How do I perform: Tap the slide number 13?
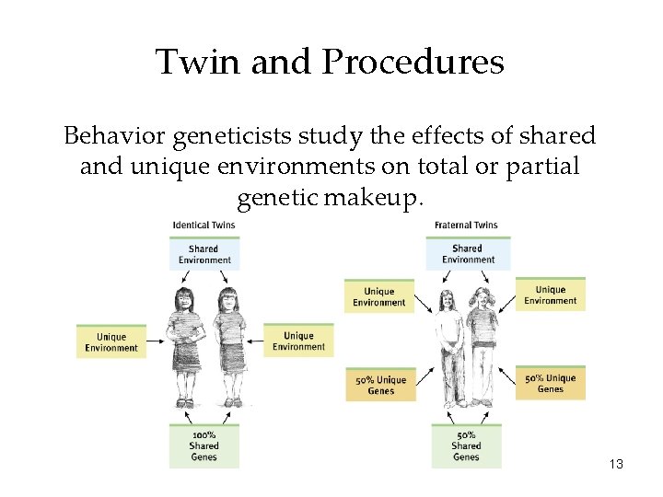616,464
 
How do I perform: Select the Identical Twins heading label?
204,225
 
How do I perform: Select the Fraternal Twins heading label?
466,225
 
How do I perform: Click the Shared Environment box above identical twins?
204,253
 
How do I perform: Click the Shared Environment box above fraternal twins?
467,253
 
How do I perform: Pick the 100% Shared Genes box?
204,445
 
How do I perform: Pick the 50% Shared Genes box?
466,445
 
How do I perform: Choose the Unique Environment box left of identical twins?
110,341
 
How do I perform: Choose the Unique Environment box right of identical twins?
298,341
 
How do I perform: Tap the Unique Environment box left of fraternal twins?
378,296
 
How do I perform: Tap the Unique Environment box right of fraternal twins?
550,295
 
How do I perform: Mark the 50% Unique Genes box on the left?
380,384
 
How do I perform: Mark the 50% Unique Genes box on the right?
550,383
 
